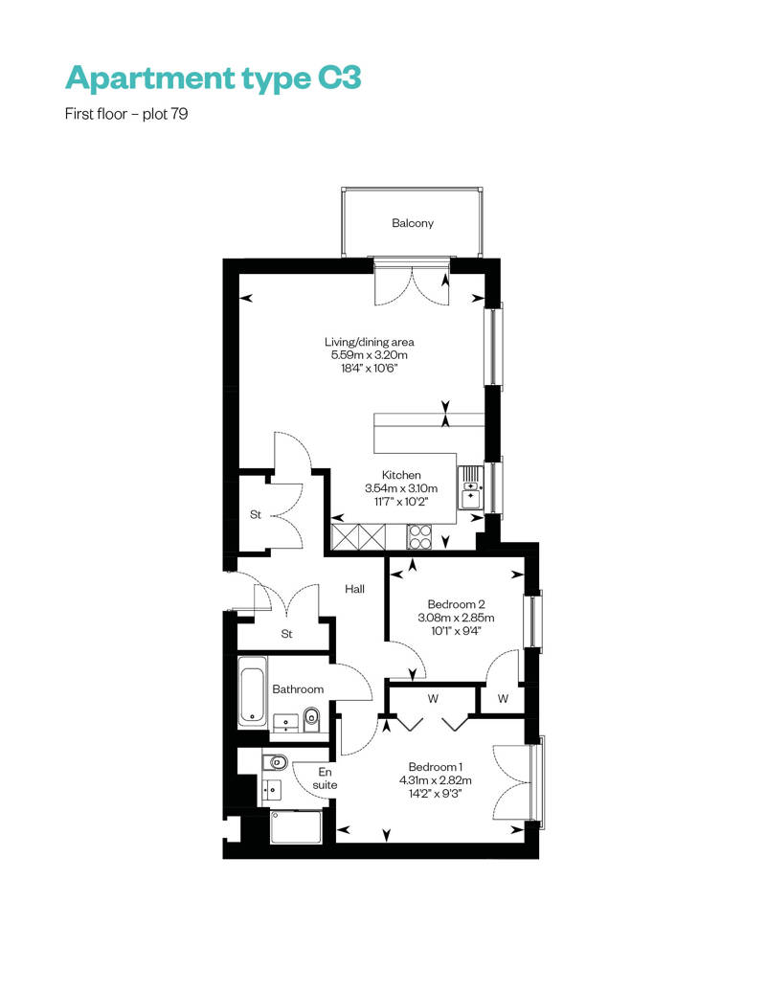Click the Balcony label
click(413, 223)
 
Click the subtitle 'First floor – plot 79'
click(126, 114)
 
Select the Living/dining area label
click(370, 342)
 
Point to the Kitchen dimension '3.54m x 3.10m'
click(401, 488)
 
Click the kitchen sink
click(470, 486)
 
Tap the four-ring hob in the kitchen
click(418, 537)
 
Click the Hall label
click(355, 589)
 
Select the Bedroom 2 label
click(456, 604)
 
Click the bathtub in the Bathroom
click(253, 691)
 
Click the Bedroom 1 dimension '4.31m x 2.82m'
click(436, 780)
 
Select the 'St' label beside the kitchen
click(256, 515)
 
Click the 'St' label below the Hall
click(286, 634)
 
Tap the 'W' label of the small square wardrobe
click(503, 698)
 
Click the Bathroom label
click(298, 689)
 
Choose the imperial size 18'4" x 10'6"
click(370, 369)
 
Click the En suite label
click(325, 778)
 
